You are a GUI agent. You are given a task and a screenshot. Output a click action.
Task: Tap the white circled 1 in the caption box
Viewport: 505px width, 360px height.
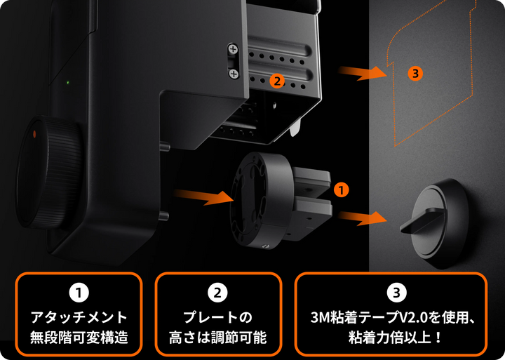[79, 290]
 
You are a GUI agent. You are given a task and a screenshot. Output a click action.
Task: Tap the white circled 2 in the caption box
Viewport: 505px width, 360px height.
[217, 290]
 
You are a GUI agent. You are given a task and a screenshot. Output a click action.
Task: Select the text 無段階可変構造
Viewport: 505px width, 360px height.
[79, 337]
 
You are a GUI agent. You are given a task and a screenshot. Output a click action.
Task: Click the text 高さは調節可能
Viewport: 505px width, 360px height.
[217, 337]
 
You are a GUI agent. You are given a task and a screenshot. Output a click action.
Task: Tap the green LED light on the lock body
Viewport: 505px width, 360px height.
[67, 83]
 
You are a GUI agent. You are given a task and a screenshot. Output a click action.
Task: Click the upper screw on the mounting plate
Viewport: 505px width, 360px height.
[233, 49]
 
